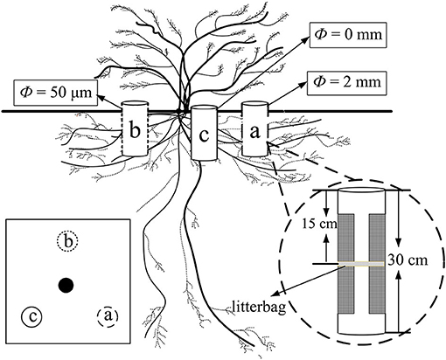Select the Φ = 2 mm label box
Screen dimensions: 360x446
[x=347, y=87]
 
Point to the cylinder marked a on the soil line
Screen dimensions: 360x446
[x=255, y=132]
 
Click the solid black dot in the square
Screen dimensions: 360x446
[x=65, y=285]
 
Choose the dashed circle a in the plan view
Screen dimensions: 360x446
[x=106, y=315]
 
